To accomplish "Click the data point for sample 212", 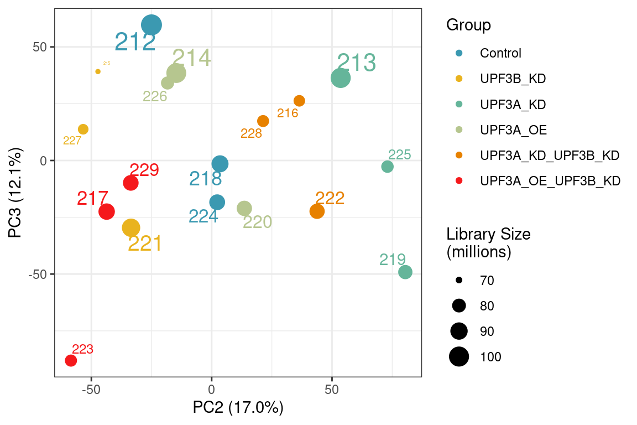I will [x=151, y=25].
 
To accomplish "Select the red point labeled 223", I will [x=71, y=361].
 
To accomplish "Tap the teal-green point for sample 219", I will [x=405, y=272].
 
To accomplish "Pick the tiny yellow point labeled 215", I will [x=98, y=71].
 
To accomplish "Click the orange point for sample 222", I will [x=317, y=211].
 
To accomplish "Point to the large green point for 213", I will [x=341, y=78].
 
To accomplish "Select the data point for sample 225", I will [x=388, y=167].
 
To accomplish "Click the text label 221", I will [x=144, y=244].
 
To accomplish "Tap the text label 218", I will [x=205, y=179].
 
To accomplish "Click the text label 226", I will [x=155, y=96].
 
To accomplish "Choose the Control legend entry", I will [x=500, y=53].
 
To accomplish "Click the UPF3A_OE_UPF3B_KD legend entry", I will [x=550, y=180].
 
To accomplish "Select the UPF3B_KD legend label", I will [x=513, y=79].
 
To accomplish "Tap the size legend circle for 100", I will [x=459, y=357].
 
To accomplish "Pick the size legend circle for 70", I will [x=459, y=281].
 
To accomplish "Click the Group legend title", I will [x=468, y=25].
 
